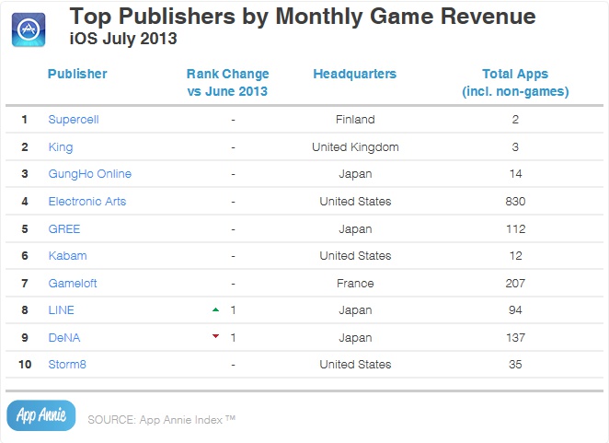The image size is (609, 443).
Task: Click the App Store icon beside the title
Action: [x=30, y=29]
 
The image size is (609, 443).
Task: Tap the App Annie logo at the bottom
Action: [x=40, y=415]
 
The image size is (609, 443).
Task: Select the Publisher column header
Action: [x=77, y=74]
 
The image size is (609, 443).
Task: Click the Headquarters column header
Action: [x=354, y=74]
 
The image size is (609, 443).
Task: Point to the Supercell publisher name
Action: [x=75, y=120]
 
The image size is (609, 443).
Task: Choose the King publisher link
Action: [x=60, y=146]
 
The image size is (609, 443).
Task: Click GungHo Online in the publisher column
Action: [x=89, y=174]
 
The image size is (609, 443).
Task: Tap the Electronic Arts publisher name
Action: [x=86, y=201]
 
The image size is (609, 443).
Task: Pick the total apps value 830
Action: [x=515, y=201]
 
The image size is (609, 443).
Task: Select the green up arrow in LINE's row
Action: [x=215, y=309]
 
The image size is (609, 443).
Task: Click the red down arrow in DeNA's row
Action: [x=215, y=337]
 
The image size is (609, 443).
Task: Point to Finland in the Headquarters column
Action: [x=354, y=120]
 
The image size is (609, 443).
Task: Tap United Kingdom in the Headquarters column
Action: [x=354, y=146]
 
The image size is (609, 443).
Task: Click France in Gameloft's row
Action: [x=354, y=283]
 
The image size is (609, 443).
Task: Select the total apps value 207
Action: [x=515, y=283]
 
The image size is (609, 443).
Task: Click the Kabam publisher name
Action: [x=66, y=255]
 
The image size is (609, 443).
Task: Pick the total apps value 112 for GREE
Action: [x=515, y=228]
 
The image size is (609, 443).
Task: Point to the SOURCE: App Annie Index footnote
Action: [x=162, y=420]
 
